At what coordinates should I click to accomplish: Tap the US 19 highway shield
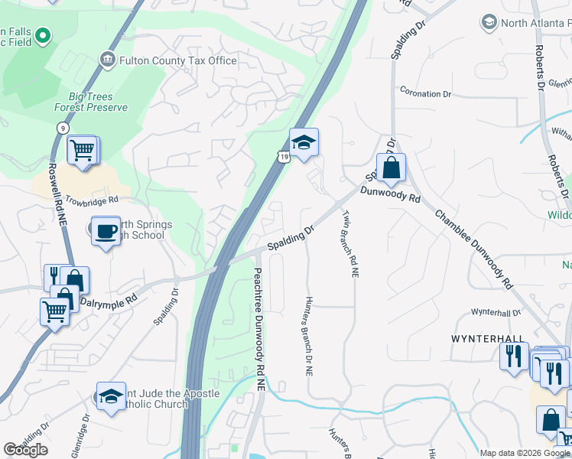click(x=283, y=157)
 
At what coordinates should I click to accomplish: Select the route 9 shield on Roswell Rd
click(x=59, y=128)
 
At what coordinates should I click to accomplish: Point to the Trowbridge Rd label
click(x=92, y=200)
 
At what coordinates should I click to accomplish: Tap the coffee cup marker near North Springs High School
click(x=105, y=231)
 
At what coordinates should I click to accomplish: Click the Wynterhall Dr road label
click(x=495, y=313)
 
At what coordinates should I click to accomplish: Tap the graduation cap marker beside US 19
click(x=304, y=143)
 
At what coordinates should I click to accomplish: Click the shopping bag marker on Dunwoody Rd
click(x=391, y=168)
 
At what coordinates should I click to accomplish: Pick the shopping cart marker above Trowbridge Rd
click(x=82, y=150)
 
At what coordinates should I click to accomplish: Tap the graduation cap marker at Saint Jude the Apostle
click(x=111, y=396)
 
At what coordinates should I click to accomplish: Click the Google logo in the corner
click(x=26, y=450)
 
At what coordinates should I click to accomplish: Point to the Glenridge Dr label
click(x=86, y=434)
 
